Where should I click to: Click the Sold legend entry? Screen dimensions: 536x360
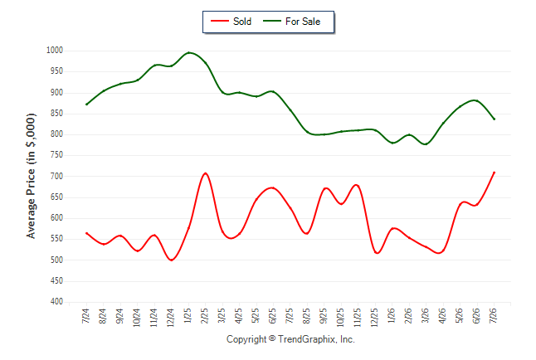click(x=231, y=22)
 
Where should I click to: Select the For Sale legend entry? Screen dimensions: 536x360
click(x=291, y=22)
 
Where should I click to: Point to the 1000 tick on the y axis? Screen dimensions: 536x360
click(x=55, y=51)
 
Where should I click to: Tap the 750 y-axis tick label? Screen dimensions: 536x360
click(x=56, y=155)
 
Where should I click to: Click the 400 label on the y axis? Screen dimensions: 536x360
click(x=56, y=302)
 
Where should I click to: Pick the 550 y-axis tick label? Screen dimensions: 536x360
click(x=56, y=239)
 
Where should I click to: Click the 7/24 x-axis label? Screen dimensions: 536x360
click(x=85, y=316)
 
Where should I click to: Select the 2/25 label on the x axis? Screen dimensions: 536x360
click(x=205, y=316)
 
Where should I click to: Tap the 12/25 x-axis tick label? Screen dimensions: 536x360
click(x=375, y=317)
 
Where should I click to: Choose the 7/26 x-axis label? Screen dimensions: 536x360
click(x=494, y=316)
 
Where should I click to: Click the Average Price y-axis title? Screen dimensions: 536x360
click(x=31, y=176)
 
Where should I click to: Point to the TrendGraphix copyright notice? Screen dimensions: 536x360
click(x=290, y=339)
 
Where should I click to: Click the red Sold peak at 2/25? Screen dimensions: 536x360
click(x=205, y=173)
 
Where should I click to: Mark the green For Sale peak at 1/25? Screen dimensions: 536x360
click(x=188, y=52)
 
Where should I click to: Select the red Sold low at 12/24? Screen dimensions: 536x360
click(x=171, y=260)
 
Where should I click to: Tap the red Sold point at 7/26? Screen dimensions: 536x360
click(x=494, y=173)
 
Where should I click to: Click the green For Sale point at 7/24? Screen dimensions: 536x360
click(x=86, y=105)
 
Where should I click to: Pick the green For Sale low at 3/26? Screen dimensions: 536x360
click(x=426, y=144)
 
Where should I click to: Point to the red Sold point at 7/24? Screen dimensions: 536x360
click(x=86, y=233)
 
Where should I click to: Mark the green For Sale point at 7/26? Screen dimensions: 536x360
click(x=494, y=119)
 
